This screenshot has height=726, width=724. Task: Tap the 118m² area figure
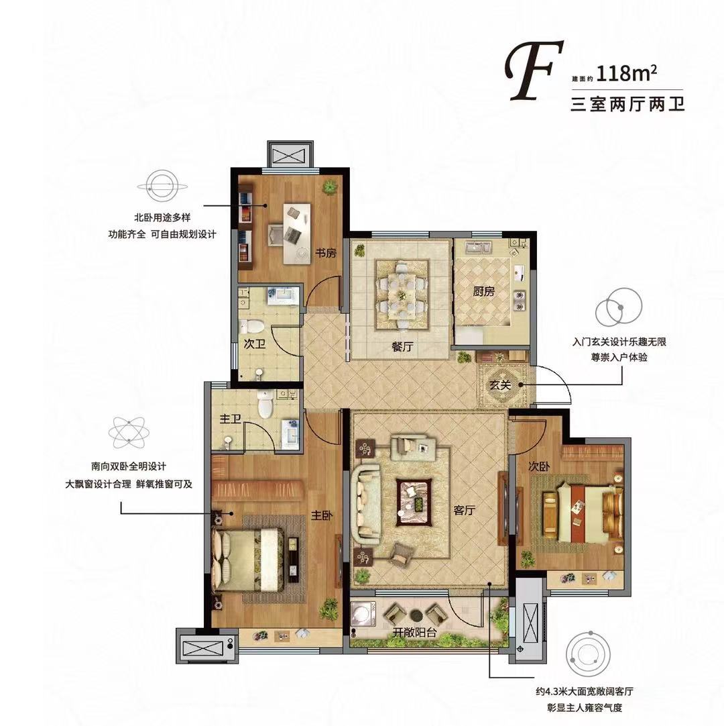click(x=627, y=74)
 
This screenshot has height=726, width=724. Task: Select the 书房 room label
click(x=326, y=253)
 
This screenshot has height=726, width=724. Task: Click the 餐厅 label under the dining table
click(x=402, y=346)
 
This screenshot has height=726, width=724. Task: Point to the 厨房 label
click(x=483, y=291)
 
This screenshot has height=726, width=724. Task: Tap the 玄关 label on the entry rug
click(x=500, y=384)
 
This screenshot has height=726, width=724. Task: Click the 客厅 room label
click(x=465, y=510)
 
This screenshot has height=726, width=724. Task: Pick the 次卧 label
click(x=539, y=467)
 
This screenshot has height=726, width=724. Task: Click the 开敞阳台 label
click(x=414, y=633)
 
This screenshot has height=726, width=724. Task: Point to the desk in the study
click(x=297, y=233)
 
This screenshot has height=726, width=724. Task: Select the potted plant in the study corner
click(x=329, y=187)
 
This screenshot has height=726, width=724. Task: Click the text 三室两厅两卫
click(x=627, y=104)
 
